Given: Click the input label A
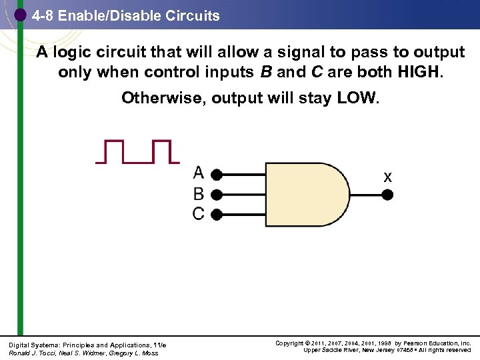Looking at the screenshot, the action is pyautogui.click(x=199, y=173).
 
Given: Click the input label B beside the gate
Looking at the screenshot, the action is pyautogui.click(x=199, y=194).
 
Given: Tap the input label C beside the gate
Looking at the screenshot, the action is pyautogui.click(x=199, y=214).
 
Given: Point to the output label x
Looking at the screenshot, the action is pyautogui.click(x=387, y=177).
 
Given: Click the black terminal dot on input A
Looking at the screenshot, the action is pyautogui.click(x=216, y=175).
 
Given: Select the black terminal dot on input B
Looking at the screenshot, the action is pyautogui.click(x=216, y=195).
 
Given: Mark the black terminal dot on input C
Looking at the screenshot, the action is pyautogui.click(x=216, y=214).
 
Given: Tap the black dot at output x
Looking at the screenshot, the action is pyautogui.click(x=387, y=195).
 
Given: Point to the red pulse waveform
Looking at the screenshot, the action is pyautogui.click(x=137, y=151).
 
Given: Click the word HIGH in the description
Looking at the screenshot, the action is pyautogui.click(x=417, y=72).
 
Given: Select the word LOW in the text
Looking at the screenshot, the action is pyautogui.click(x=357, y=99).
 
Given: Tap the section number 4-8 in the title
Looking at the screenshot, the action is pyautogui.click(x=43, y=15).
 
